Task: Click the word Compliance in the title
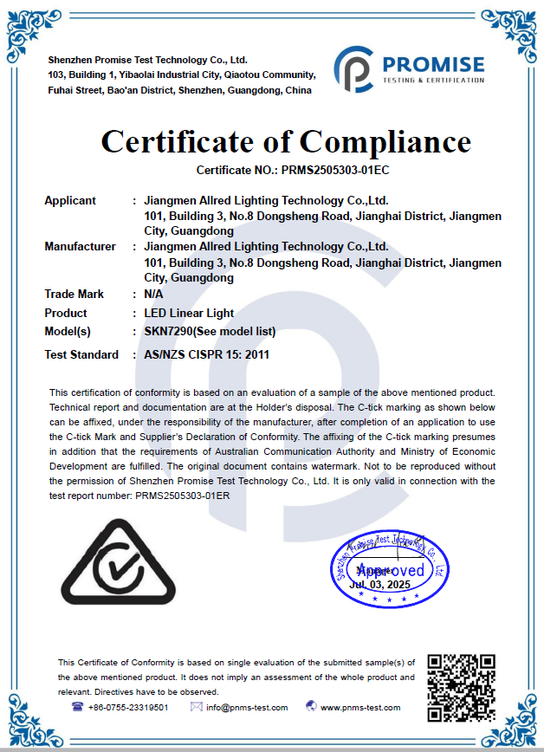(x=385, y=141)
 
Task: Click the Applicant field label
(x=70, y=200)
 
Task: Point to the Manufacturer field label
(x=80, y=246)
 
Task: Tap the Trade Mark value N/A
(x=153, y=294)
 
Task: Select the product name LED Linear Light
(x=189, y=313)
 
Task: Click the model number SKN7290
(x=168, y=331)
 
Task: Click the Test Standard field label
(x=81, y=354)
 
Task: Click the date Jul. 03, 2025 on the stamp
(x=379, y=585)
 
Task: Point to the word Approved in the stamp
(x=391, y=570)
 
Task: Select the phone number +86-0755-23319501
(x=128, y=707)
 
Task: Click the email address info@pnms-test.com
(x=246, y=707)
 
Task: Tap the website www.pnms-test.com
(x=360, y=707)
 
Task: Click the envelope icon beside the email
(x=196, y=707)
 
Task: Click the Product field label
(x=66, y=313)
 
